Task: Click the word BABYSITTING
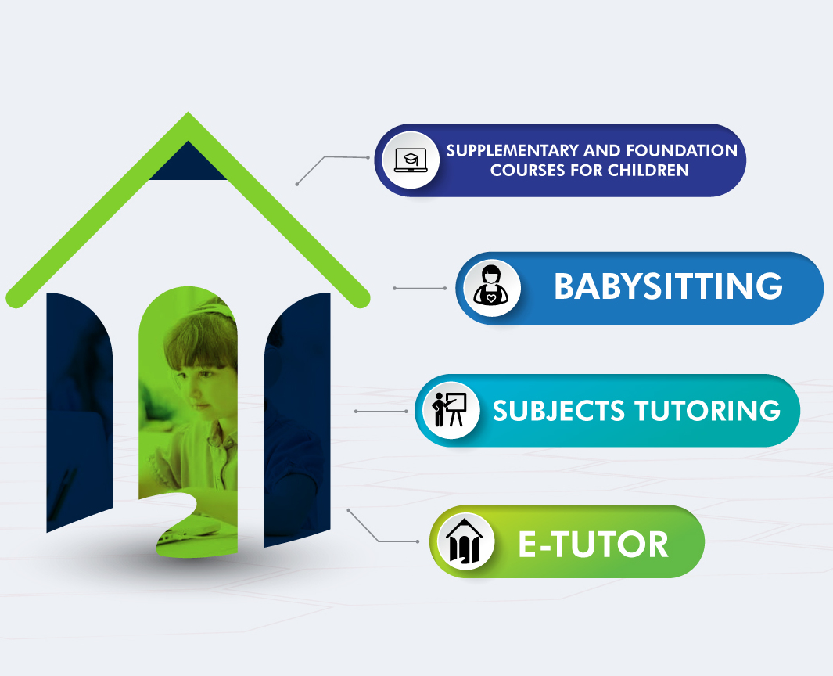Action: pyautogui.click(x=668, y=286)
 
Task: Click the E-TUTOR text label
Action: pyautogui.click(x=593, y=545)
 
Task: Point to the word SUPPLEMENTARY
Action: pyautogui.click(x=512, y=151)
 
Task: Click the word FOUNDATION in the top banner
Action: pyautogui.click(x=681, y=151)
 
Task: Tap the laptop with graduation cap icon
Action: pyautogui.click(x=411, y=160)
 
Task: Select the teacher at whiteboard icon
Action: pyautogui.click(x=450, y=410)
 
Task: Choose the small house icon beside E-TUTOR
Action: pyautogui.click(x=465, y=541)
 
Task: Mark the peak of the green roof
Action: pyautogui.click(x=188, y=113)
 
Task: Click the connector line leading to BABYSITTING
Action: pyautogui.click(x=420, y=288)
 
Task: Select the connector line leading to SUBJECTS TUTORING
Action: pyautogui.click(x=381, y=412)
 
